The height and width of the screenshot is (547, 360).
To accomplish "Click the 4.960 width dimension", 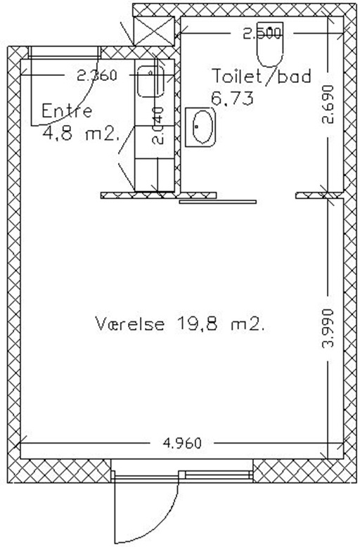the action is (x=182, y=443).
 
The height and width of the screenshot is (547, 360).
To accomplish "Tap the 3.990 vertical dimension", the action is (x=328, y=328).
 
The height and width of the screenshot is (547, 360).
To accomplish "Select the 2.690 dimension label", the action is (x=328, y=105).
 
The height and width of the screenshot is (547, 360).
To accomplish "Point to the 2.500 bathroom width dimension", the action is (x=262, y=34).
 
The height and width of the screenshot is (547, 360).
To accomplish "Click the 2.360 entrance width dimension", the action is (x=96, y=75).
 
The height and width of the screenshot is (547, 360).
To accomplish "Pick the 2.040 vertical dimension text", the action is (x=158, y=126).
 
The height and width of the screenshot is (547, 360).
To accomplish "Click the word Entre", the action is (x=67, y=111).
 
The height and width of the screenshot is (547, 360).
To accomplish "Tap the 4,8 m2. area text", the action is (x=82, y=134).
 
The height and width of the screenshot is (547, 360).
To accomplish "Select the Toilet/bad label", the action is (x=262, y=77).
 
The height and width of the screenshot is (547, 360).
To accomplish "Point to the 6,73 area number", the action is (x=232, y=99).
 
